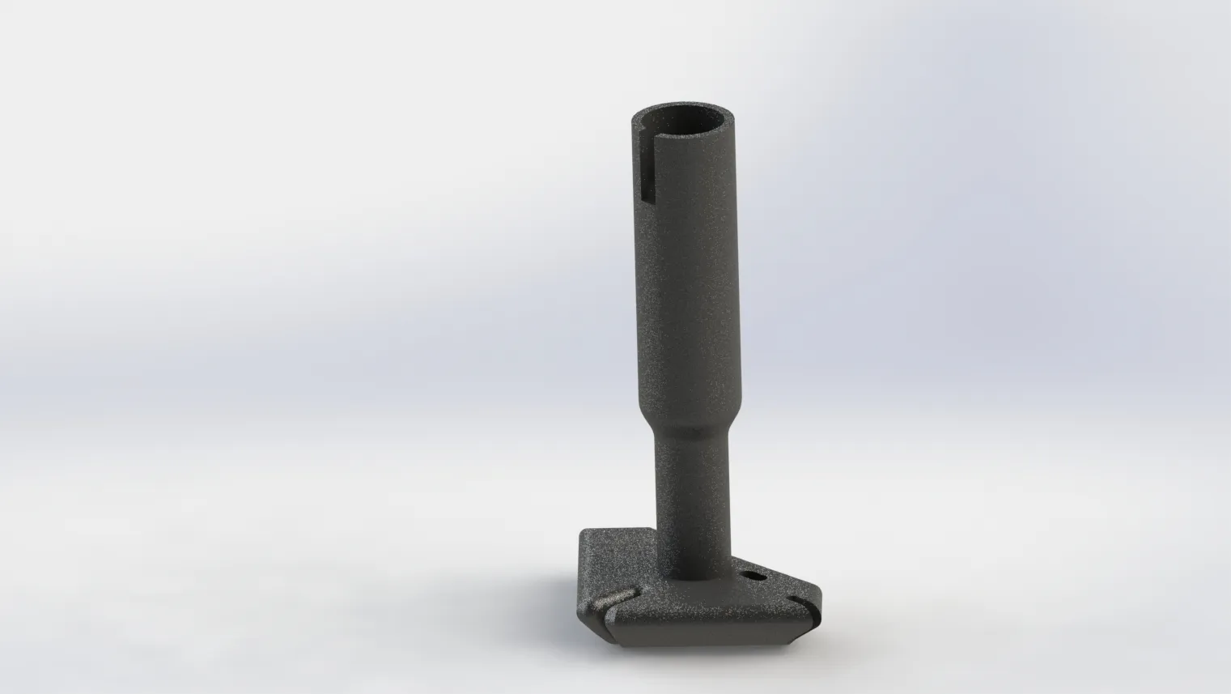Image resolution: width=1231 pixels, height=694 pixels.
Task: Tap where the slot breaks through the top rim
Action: (x=645, y=133)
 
